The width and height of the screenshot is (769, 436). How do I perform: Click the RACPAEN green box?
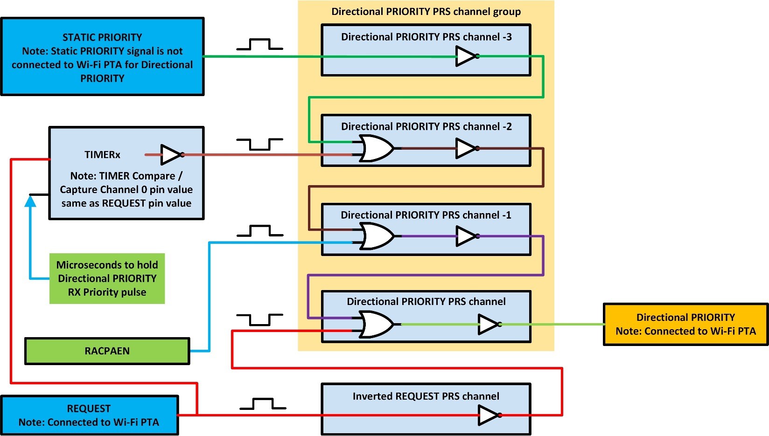[x=107, y=351]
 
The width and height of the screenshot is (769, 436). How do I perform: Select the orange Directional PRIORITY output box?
[x=685, y=325]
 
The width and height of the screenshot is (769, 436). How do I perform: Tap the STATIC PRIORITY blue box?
[x=102, y=57]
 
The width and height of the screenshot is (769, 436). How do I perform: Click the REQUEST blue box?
[x=89, y=415]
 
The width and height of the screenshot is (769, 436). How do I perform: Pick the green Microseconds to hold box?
[x=107, y=278]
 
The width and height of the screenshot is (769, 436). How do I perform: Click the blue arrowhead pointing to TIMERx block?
[x=30, y=201]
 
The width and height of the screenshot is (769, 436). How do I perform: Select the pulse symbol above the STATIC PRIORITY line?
[x=259, y=45]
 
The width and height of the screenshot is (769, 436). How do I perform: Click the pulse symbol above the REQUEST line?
[x=263, y=404]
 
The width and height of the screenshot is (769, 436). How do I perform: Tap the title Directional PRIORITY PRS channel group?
[x=426, y=12]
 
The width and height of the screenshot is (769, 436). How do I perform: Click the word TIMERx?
[x=102, y=155]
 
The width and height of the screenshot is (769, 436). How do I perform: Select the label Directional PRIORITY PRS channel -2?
[x=426, y=126]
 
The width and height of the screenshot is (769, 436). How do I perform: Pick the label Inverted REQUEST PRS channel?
[x=426, y=396]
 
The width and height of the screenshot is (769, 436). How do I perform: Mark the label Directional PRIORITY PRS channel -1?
[x=426, y=215]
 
